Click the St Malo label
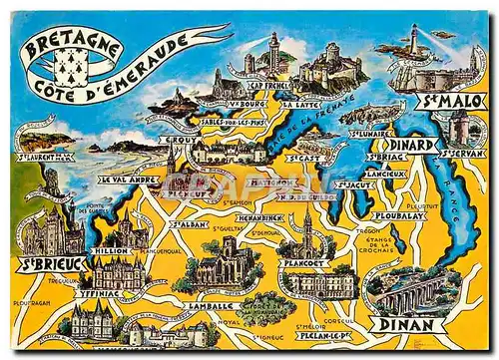449,101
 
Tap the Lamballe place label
210,305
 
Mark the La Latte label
299,103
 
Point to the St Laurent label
45,157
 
